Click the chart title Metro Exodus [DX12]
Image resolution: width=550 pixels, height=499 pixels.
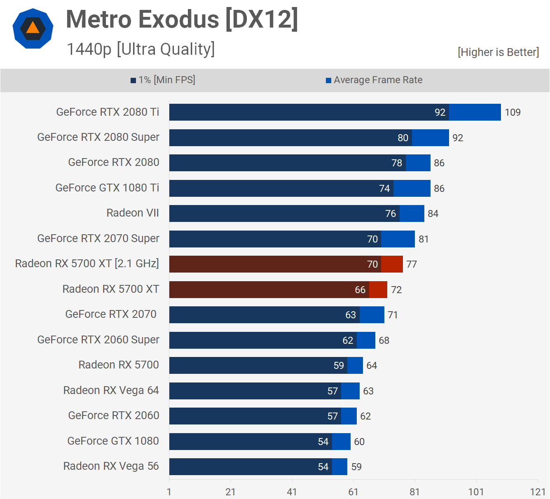point(182,20)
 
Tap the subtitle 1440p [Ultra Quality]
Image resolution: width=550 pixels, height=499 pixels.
point(140,49)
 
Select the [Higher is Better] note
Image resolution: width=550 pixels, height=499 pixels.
point(498,52)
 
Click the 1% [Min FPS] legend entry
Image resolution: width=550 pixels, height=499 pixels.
point(163,80)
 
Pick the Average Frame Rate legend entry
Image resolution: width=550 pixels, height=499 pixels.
point(374,80)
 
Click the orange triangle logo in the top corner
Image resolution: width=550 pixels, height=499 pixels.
point(33,28)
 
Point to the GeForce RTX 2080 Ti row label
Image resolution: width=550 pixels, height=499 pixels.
point(108,112)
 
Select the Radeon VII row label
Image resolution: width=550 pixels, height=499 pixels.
point(133,213)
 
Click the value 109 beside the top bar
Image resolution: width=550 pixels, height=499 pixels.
point(513,112)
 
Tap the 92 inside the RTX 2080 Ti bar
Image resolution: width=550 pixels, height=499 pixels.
point(440,112)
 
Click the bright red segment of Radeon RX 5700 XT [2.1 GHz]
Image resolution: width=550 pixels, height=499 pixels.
point(392,264)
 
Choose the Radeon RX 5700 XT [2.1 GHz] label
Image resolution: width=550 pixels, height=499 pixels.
point(87,263)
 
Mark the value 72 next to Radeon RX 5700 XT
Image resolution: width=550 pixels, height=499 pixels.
point(396,290)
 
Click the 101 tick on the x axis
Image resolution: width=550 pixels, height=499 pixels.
point(476,492)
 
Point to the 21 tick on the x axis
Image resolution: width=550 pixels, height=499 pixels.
point(230,492)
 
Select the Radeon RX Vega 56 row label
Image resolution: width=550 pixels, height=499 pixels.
point(111,466)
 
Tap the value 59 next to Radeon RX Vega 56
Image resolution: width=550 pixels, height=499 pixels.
point(356,467)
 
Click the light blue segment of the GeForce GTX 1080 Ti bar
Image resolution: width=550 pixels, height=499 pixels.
point(412,189)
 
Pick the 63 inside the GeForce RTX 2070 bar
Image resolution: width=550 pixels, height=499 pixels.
point(351,315)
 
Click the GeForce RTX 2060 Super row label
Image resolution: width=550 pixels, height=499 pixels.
point(98,340)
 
